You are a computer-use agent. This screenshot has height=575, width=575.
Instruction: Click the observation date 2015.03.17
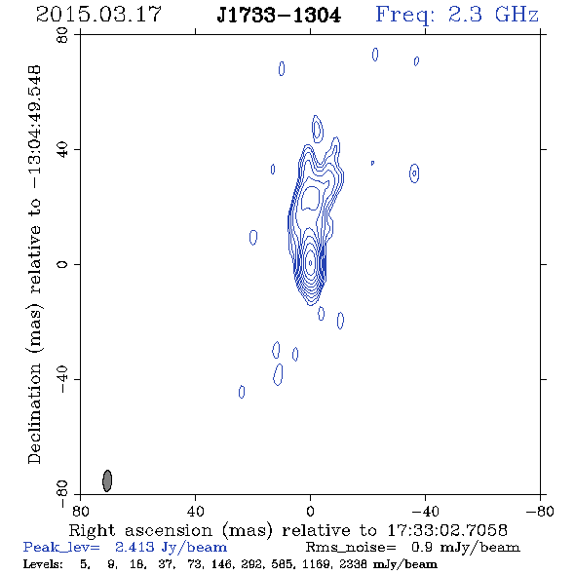pos(98,15)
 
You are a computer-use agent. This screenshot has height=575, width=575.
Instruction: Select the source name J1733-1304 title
pos(279,15)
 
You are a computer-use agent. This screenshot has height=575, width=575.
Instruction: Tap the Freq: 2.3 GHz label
pos(457,16)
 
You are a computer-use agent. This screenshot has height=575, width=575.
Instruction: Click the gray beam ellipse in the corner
pos(107,480)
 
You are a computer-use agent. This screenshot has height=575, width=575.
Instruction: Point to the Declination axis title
pos(34,264)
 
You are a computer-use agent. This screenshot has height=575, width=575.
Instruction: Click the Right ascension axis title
pos(287,530)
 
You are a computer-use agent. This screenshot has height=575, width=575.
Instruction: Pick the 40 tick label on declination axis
pos(62,150)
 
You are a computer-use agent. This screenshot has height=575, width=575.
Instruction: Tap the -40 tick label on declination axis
pos(62,379)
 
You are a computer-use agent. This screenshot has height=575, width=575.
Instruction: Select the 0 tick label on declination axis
pos(62,264)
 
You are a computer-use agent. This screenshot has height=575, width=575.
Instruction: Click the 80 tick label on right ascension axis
pos(80,511)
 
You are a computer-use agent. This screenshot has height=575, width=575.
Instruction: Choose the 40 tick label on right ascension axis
pos(195,511)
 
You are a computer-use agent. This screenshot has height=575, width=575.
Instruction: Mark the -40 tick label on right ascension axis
pos(425,511)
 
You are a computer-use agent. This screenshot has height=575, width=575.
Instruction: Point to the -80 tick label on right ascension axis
pos(540,511)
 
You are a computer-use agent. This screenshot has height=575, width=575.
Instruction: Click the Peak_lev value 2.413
pos(134,547)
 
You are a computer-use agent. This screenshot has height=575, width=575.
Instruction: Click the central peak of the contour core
pos(311,263)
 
